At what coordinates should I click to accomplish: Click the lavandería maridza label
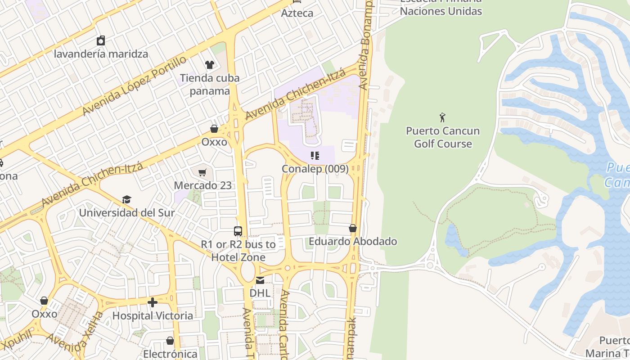[x=101, y=54]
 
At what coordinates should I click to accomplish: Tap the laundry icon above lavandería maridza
[x=101, y=40]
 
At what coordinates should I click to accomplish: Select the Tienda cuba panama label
[x=210, y=85]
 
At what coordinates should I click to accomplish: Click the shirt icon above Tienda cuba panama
[x=210, y=65]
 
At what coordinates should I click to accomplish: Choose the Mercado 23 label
[x=203, y=185]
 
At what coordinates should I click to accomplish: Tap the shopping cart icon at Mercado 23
[x=202, y=172]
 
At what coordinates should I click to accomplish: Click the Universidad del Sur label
[x=127, y=212]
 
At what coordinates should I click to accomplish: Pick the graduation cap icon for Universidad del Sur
[x=126, y=199]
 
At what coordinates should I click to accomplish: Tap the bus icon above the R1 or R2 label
[x=238, y=231]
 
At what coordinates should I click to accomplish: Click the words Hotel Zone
[x=238, y=257]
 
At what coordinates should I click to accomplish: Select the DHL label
[x=260, y=293]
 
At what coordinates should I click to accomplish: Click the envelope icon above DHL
[x=260, y=280]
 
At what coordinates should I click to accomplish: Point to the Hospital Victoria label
[x=153, y=315]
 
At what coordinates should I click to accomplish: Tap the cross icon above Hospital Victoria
[x=153, y=302]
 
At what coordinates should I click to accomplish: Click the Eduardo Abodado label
[x=353, y=241]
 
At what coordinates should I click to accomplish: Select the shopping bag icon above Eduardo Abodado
[x=353, y=228]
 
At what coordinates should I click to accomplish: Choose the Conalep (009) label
[x=315, y=169]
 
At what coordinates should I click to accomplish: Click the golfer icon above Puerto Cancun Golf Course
[x=443, y=117]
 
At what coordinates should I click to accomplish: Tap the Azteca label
[x=297, y=13]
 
